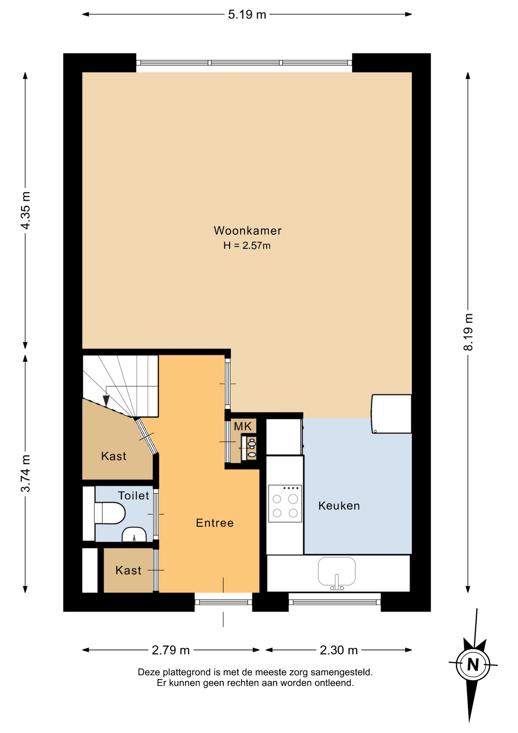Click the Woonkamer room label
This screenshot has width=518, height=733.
pos(248,231)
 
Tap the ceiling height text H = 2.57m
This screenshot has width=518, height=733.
pos(247,245)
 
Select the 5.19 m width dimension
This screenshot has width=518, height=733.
pos(247,15)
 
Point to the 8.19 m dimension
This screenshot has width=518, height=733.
pos(468,332)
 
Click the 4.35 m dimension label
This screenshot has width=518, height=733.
pos(25,210)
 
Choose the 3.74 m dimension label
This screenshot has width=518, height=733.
pos(25,473)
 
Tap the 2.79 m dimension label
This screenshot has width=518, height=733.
pos(171,650)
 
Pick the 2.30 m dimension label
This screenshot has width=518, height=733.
pos(339,650)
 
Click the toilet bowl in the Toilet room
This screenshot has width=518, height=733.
pos(110,513)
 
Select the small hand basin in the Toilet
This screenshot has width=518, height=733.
pos(134,534)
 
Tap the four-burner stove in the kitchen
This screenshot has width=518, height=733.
pos(285,504)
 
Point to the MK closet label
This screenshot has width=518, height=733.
pos(243,426)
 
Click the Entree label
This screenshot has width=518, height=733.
pos(215,523)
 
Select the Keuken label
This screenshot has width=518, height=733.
pos(339,506)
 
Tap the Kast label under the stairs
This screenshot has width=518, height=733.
pos(114,456)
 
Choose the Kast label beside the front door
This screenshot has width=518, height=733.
pos(129,570)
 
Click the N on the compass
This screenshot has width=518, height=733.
pos(473,665)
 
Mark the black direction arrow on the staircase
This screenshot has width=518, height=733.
pos(106,401)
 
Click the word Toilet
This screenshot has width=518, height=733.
pos(134,496)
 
